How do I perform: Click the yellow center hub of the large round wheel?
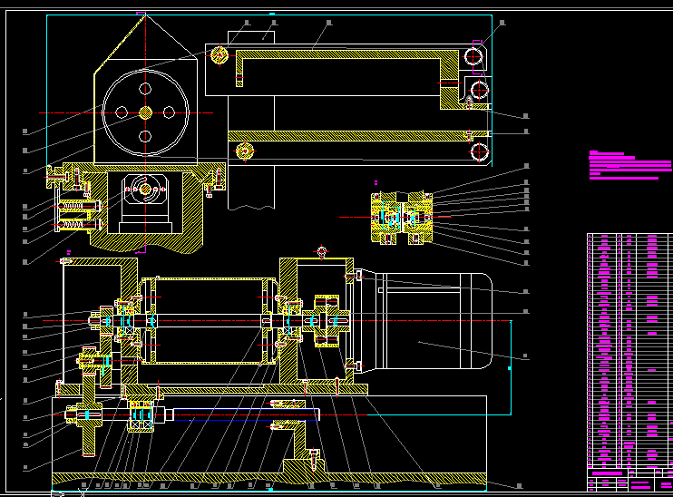coord(145,112)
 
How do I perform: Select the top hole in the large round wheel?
coord(145,89)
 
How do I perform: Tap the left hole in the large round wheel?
coord(122,112)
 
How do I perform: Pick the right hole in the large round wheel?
coord(169,112)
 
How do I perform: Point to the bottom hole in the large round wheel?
coord(145,136)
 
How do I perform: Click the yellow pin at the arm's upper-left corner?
coord(219,55)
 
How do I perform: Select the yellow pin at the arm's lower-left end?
coord(242,151)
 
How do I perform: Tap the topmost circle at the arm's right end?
coord(473,56)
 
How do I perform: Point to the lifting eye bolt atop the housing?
coord(321,251)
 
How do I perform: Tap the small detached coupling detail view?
coord(403,218)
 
